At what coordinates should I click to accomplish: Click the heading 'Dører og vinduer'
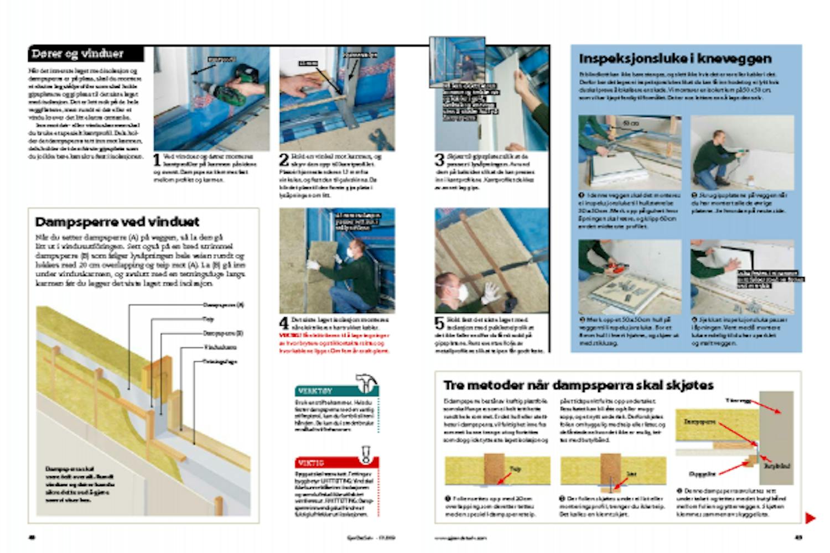click(x=77, y=54)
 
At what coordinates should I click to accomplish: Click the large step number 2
click(x=284, y=160)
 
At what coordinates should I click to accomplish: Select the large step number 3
click(x=439, y=160)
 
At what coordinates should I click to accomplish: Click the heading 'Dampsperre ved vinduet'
click(x=117, y=222)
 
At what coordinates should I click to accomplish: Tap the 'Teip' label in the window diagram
click(x=208, y=319)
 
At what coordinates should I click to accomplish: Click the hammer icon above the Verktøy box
click(x=367, y=382)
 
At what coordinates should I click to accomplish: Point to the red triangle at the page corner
click(x=810, y=518)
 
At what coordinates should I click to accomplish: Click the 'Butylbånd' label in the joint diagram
click(x=777, y=466)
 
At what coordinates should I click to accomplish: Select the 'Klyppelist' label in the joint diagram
click(x=703, y=474)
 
